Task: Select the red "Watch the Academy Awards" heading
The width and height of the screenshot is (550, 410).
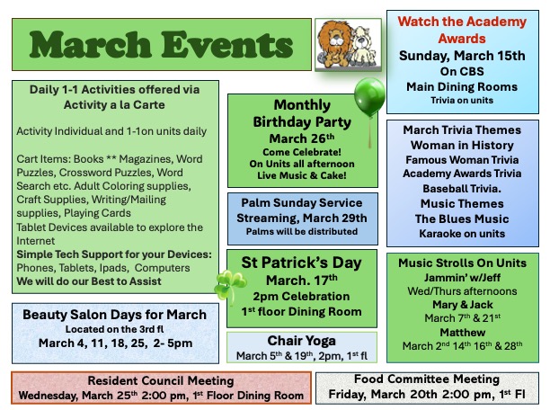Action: pos(461,29)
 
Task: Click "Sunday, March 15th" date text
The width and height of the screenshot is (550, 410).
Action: pos(461,56)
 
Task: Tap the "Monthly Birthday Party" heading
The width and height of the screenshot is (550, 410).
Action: pos(302,114)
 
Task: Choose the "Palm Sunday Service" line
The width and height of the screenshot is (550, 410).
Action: pos(302,203)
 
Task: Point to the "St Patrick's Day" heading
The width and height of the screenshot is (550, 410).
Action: pos(302,263)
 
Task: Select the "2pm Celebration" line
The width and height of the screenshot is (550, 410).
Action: pos(302,296)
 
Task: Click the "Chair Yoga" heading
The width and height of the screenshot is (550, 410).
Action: pos(302,341)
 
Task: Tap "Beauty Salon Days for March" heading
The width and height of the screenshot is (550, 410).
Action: pos(115,315)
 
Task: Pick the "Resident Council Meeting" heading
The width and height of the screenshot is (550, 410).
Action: pos(161,380)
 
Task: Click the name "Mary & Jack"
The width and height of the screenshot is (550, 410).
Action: pos(462,305)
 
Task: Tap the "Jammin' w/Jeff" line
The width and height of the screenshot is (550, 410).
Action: pos(462,279)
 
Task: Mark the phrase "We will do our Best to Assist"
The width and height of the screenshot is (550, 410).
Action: pos(88,281)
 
